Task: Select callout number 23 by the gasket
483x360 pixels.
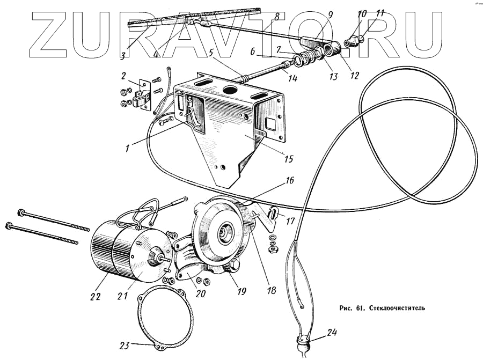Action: (x=125, y=346)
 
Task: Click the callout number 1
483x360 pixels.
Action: (x=127, y=148)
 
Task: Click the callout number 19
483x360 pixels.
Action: (x=241, y=291)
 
